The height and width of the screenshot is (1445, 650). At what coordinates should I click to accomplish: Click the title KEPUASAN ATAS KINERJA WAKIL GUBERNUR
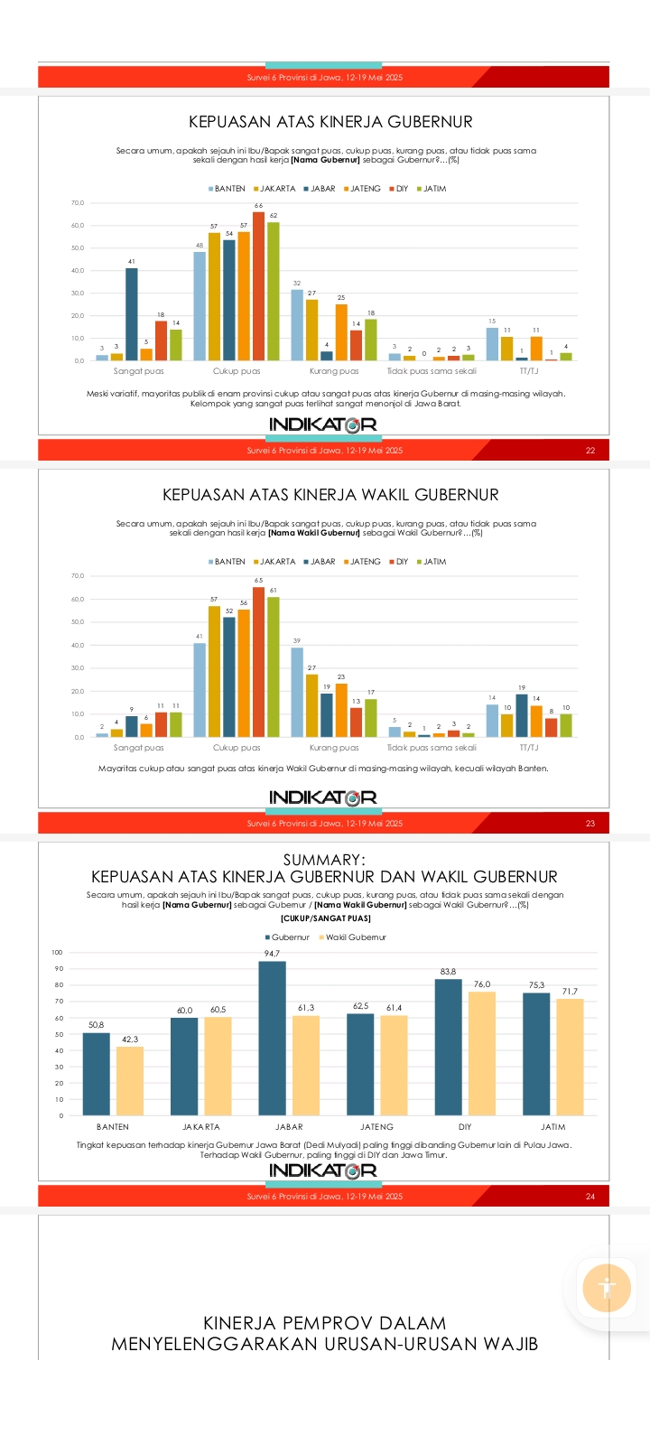click(x=330, y=495)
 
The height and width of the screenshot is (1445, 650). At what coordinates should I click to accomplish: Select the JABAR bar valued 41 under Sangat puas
click(x=132, y=314)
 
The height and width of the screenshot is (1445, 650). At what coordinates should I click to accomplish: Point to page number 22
click(x=590, y=451)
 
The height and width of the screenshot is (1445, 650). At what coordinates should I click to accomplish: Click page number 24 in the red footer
click(x=590, y=1197)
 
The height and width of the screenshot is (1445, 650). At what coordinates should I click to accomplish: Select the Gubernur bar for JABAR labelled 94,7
click(x=272, y=1039)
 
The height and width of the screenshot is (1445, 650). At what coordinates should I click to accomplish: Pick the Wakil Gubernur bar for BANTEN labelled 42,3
click(x=130, y=1081)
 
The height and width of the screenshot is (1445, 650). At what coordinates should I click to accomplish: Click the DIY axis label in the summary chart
click(x=465, y=1127)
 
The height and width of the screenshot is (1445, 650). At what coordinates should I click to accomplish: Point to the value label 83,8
click(x=448, y=972)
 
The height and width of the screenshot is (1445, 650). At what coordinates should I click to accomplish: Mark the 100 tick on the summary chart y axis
click(x=58, y=953)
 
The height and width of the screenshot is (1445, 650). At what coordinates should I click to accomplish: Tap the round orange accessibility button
click(x=607, y=1288)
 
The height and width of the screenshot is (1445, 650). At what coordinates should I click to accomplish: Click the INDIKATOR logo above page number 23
click(x=323, y=797)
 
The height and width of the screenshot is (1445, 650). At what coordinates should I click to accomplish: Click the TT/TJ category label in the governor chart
click(x=529, y=371)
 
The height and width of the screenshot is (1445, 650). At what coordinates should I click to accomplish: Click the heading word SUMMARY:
click(x=324, y=860)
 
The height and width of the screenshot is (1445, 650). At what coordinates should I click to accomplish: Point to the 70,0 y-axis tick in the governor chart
click(x=78, y=203)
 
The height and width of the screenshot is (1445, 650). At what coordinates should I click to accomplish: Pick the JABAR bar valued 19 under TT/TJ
click(x=522, y=715)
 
